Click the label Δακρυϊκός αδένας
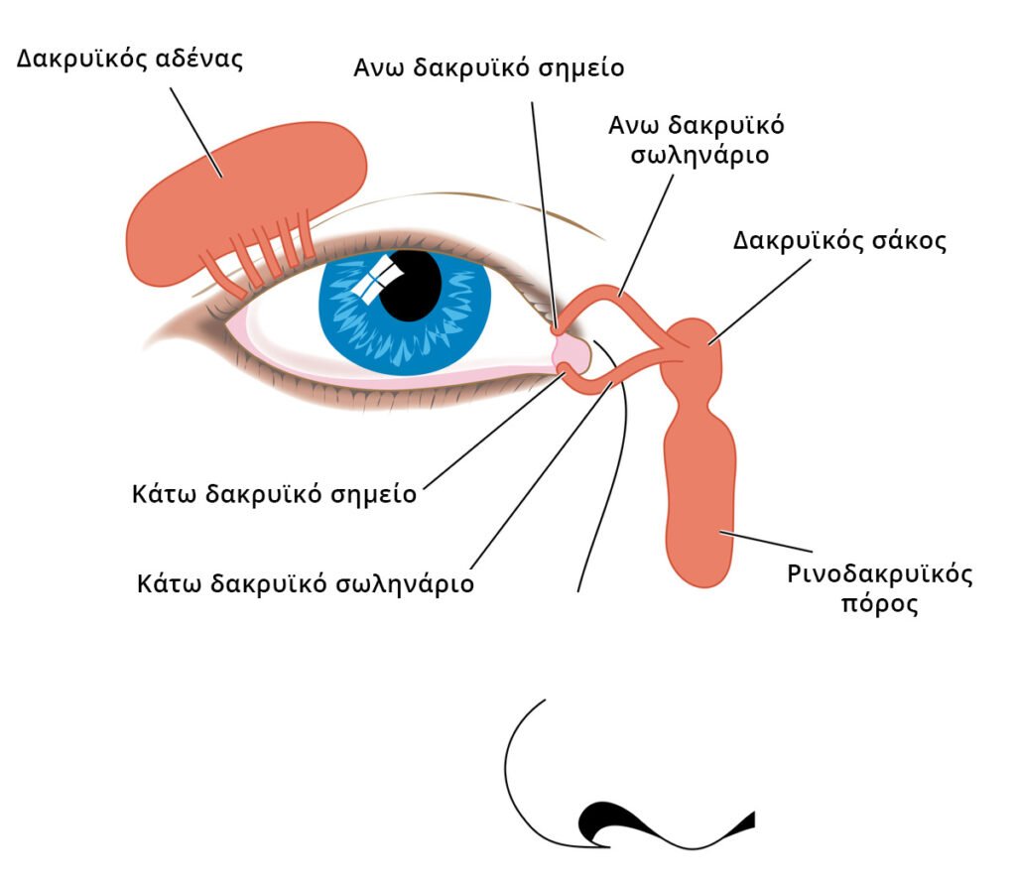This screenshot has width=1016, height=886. pyautogui.click(x=130, y=59)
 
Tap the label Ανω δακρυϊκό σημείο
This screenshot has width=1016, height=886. pyautogui.click(x=488, y=68)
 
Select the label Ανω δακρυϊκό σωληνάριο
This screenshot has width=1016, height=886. pyautogui.click(x=698, y=140)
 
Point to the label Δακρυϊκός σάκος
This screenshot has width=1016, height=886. pyautogui.click(x=839, y=241)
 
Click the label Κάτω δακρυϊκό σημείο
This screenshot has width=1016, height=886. pyautogui.click(x=274, y=494)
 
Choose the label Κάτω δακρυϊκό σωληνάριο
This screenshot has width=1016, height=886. pyautogui.click(x=306, y=584)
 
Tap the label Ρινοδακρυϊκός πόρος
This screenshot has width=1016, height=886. pyautogui.click(x=880, y=589)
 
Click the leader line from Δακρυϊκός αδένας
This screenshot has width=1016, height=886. pyautogui.click(x=196, y=133)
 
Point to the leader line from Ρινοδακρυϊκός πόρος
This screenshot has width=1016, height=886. pyautogui.click(x=765, y=541)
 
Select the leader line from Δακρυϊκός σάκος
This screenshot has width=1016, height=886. pyautogui.click(x=759, y=302)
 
